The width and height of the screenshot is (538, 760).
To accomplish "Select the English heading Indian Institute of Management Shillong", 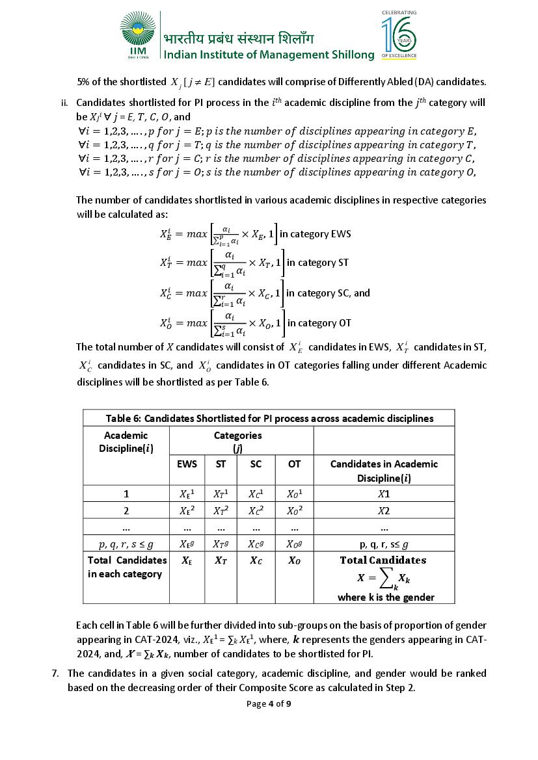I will (x=269, y=55).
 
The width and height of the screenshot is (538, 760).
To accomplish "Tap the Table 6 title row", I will (x=269, y=418).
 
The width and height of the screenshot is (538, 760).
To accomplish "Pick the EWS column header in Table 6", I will (x=187, y=464).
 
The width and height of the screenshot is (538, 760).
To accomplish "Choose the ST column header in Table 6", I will (x=221, y=464).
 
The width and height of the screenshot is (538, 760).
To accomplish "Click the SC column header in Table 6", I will (x=256, y=464).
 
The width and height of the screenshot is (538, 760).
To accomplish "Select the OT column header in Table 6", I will (x=294, y=464).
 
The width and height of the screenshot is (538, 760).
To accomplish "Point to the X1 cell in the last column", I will (x=384, y=493).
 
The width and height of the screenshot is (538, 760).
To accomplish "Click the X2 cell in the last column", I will (x=384, y=510).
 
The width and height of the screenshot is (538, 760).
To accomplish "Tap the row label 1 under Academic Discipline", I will (x=126, y=493).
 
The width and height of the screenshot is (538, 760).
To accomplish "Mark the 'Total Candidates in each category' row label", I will (x=126, y=567).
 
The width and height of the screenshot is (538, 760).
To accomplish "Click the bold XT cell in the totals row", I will (x=221, y=560).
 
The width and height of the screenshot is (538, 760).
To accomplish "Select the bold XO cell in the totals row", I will (x=294, y=560).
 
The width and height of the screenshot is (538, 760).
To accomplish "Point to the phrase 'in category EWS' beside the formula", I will (x=315, y=234).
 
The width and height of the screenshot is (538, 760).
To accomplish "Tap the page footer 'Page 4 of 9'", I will (x=269, y=703).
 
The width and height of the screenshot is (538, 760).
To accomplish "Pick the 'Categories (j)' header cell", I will (x=238, y=441).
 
